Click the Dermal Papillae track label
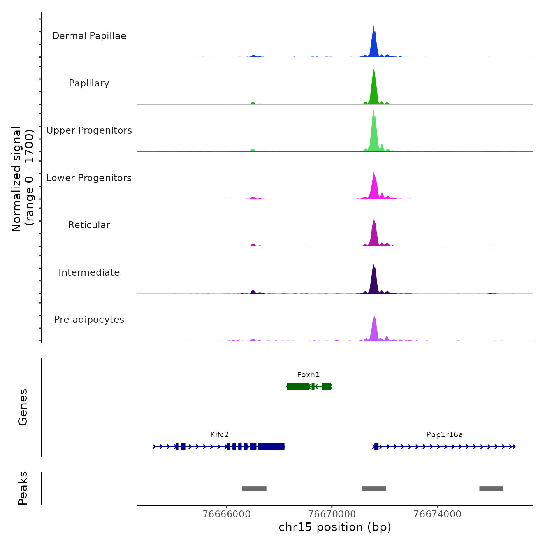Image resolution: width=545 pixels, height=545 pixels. (89, 36)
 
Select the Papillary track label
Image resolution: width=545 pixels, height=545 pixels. (89, 83)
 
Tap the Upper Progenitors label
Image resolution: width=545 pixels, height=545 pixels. (89, 130)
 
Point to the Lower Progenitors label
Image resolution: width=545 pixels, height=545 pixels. (89, 178)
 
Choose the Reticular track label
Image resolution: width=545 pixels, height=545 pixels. (89, 225)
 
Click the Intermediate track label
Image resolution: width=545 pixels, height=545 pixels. (89, 272)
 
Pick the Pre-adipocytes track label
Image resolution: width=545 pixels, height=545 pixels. (89, 320)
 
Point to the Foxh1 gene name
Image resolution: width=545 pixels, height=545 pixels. (308, 375)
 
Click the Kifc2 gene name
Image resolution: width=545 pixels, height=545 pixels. (220, 435)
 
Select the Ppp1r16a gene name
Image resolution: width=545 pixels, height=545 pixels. (445, 435)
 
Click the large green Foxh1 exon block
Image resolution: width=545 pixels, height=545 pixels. (298, 386)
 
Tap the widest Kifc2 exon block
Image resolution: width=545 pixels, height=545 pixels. (271, 447)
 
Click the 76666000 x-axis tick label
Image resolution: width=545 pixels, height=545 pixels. (227, 514)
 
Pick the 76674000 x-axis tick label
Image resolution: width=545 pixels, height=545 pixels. (437, 514)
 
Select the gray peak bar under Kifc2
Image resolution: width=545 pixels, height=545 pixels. (254, 489)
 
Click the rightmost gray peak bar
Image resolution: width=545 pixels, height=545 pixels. (491, 489)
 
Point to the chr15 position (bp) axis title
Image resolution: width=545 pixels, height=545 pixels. (335, 527)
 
